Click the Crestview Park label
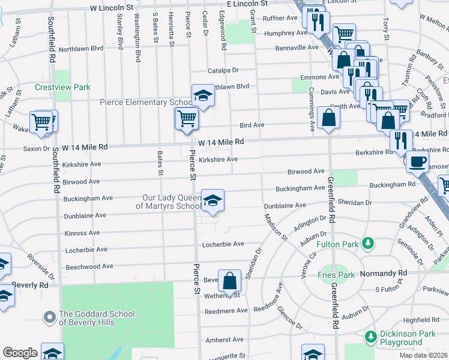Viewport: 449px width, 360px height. pyautogui.click(x=62, y=87)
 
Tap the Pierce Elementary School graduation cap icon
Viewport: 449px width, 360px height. pyautogui.click(x=203, y=95)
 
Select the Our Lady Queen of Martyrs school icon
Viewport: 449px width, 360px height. pyautogui.click(x=212, y=200)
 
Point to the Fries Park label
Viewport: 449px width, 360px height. pyautogui.click(x=334, y=275)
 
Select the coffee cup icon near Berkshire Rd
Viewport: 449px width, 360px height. pyautogui.click(x=417, y=160)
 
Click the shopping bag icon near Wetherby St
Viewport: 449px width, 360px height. pyautogui.click(x=230, y=280)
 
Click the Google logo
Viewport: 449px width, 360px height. pyautogui.click(x=19, y=353)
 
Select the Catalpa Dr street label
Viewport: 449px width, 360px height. pyautogui.click(x=224, y=70)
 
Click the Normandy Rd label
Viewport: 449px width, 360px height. pyautogui.click(x=390, y=273)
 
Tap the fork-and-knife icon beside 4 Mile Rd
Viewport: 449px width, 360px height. pyautogui.click(x=400, y=140)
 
